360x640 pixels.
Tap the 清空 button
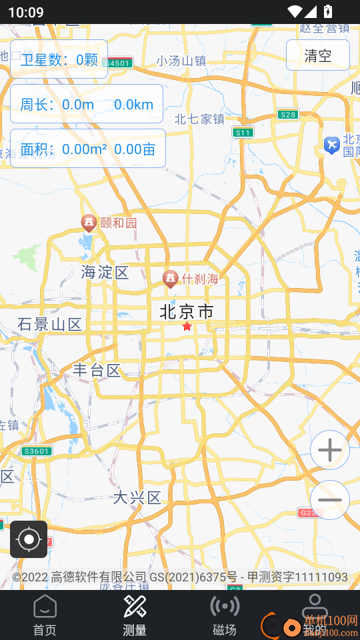pyautogui.click(x=318, y=55)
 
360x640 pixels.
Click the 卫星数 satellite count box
pyautogui.click(x=59, y=60)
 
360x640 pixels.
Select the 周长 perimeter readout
pyautogui.click(x=87, y=104)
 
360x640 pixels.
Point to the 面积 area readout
pyautogui.click(x=87, y=149)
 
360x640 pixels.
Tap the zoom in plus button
pyautogui.click(x=330, y=451)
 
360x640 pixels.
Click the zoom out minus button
pyautogui.click(x=330, y=500)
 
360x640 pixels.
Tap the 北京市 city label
pyautogui.click(x=187, y=311)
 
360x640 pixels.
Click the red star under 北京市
pyautogui.click(x=187, y=327)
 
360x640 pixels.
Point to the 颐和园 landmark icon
pyautogui.click(x=88, y=223)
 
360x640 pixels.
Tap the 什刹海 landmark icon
pyautogui.click(x=170, y=279)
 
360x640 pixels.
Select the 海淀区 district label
pyautogui.click(x=105, y=272)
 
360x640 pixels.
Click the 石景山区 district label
pyautogui.click(x=50, y=325)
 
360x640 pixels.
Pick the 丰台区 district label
pyautogui.click(x=97, y=371)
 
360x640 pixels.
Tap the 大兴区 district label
pyautogui.click(x=137, y=497)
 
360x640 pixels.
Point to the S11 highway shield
pyautogui.click(x=243, y=133)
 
